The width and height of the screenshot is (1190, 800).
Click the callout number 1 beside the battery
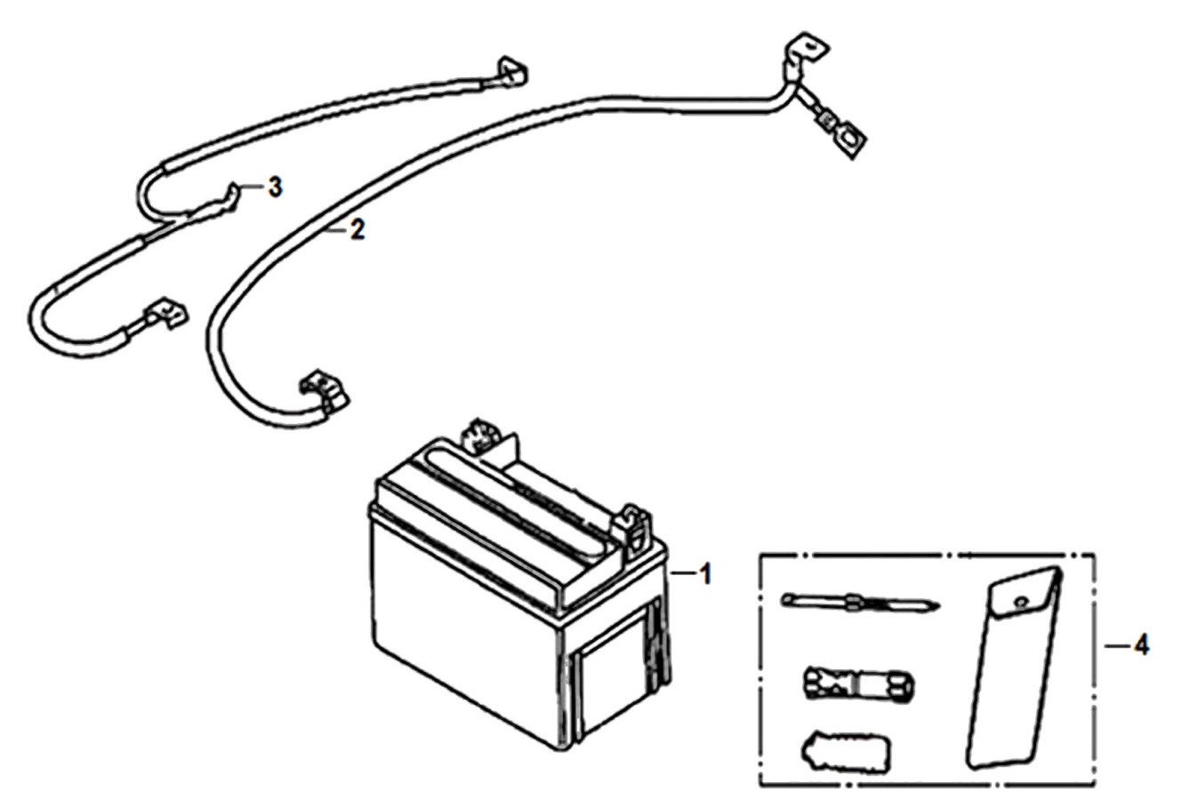(705, 574)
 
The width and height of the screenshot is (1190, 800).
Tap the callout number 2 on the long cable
(358, 230)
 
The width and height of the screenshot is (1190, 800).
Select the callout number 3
(275, 188)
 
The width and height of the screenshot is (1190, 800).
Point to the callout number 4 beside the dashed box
(1141, 645)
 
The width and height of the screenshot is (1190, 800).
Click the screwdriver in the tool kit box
(859, 602)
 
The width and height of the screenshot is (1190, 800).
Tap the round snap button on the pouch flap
(1020, 603)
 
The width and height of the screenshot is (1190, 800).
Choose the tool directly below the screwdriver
(859, 682)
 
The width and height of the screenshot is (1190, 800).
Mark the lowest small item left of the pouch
(845, 752)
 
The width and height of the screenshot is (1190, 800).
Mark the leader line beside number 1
(683, 573)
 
